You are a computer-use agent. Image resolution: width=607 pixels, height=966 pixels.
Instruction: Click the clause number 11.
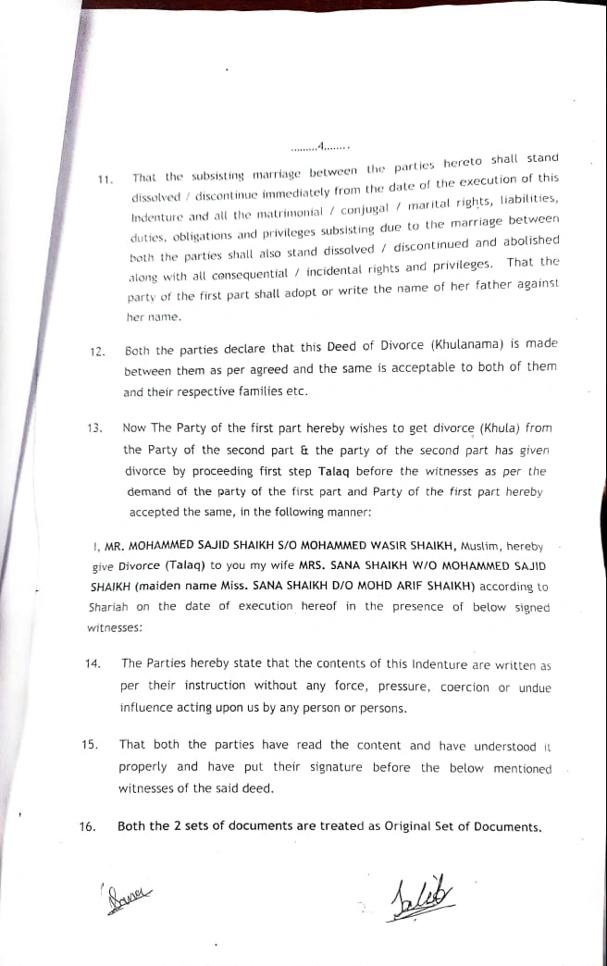(x=105, y=180)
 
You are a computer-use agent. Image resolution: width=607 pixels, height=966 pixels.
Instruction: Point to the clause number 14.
(x=92, y=664)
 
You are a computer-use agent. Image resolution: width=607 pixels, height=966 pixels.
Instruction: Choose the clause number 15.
(x=90, y=745)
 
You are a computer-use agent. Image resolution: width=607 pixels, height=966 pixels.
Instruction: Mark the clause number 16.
(x=88, y=826)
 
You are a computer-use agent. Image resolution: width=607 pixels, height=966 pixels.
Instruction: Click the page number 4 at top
(x=320, y=145)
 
